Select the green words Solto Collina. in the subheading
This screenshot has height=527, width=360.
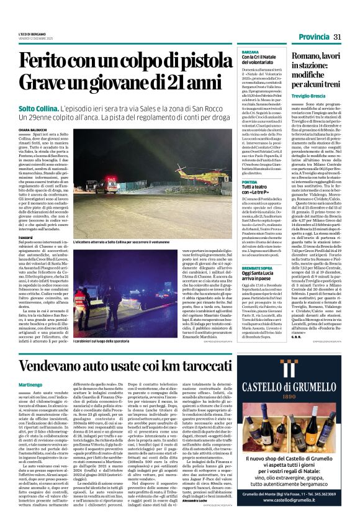tap(40, 107)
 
